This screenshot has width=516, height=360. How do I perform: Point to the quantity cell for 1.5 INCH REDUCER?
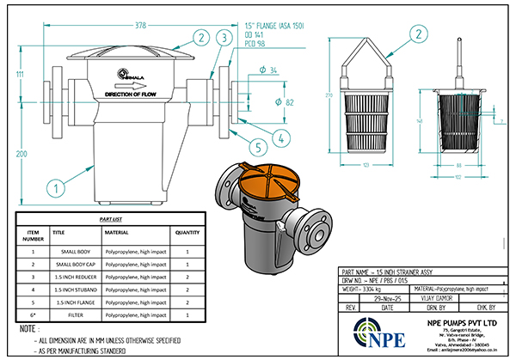[x=188, y=278]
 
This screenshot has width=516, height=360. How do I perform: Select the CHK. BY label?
[x=486, y=305]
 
